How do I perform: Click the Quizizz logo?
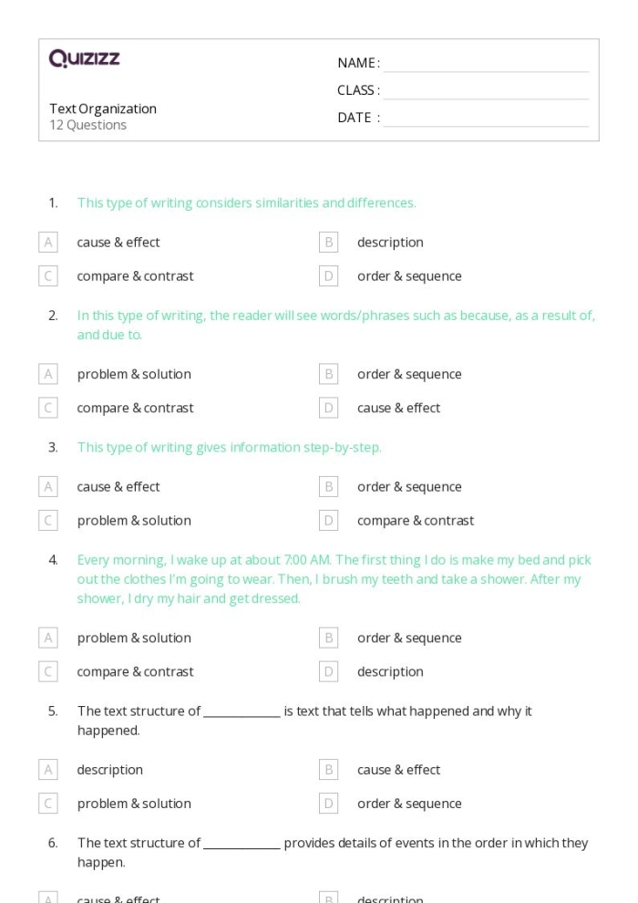click(x=84, y=59)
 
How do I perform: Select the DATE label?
click(x=358, y=118)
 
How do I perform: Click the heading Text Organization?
click(x=103, y=109)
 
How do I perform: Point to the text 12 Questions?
click(x=87, y=126)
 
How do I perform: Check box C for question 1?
click(x=48, y=276)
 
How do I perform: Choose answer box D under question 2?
click(x=329, y=408)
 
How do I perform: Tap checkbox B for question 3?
click(x=329, y=487)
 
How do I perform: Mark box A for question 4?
click(x=48, y=638)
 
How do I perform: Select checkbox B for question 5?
click(x=329, y=770)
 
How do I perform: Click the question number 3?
click(x=53, y=447)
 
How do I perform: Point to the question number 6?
click(x=53, y=843)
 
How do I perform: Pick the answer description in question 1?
click(x=390, y=243)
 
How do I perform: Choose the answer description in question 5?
click(x=109, y=770)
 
